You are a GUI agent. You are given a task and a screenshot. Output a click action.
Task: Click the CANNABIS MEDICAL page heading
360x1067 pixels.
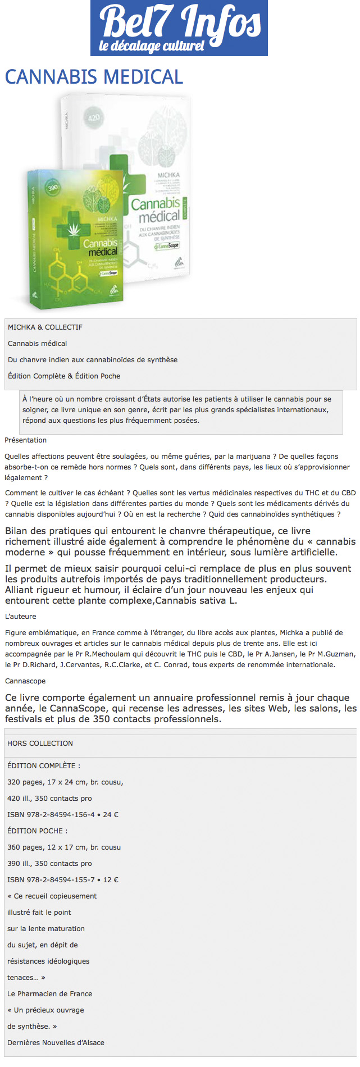[94, 77]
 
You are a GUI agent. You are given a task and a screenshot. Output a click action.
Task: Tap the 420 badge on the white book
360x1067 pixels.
[94, 118]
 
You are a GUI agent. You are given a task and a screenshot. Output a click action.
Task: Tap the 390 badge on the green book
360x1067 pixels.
[52, 188]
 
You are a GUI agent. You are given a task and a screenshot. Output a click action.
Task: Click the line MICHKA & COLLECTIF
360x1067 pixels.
[45, 327]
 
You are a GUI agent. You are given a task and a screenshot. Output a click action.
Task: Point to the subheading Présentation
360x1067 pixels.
[25, 440]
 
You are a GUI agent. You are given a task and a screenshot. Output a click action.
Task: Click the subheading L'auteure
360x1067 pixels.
[20, 616]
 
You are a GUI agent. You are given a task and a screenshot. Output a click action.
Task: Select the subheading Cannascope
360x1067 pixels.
[25, 681]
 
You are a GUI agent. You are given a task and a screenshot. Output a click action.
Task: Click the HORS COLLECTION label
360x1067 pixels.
[40, 743]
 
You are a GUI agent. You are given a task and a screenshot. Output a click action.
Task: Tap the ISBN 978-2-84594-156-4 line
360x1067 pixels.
[62, 814]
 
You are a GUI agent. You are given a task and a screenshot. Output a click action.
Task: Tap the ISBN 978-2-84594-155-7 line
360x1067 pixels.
[62, 879]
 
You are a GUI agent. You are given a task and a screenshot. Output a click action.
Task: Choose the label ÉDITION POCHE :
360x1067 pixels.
[37, 831]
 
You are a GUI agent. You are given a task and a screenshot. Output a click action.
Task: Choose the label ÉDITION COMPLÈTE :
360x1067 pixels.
[43, 765]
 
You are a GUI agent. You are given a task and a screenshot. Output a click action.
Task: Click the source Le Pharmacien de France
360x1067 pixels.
[49, 993]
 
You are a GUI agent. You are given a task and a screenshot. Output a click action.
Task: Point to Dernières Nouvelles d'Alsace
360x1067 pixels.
[56, 1042]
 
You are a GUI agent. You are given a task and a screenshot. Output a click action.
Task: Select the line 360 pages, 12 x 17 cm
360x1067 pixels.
[64, 847]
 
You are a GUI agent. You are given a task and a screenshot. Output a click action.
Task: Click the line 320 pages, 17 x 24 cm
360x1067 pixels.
[65, 782]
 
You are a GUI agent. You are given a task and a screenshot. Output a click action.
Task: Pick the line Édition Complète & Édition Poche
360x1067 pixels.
[64, 376]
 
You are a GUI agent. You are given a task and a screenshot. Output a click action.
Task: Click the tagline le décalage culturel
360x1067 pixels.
[152, 45]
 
